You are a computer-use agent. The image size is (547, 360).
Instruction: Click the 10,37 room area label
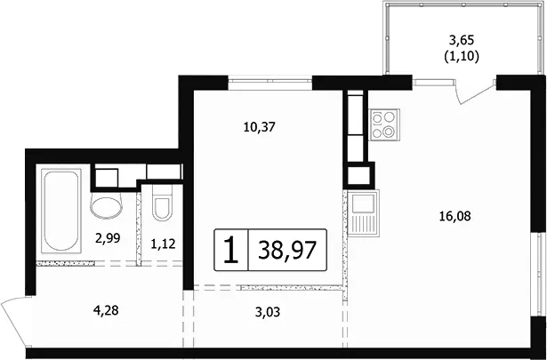point(260,127)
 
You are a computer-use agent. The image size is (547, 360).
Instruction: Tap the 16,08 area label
point(454,216)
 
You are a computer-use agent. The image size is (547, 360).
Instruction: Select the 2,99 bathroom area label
point(108,238)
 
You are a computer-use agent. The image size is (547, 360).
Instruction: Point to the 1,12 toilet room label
point(163,244)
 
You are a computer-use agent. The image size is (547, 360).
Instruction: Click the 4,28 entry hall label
point(106,310)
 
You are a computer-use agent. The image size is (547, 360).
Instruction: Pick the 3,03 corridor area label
point(268,312)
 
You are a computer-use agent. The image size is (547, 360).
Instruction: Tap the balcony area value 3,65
point(462,41)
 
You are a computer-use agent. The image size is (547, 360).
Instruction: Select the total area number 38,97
point(287,251)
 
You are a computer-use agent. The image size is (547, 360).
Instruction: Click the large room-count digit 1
point(231,250)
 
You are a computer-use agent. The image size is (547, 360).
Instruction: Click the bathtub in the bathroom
point(61,211)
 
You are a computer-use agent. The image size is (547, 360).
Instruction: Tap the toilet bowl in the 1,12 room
point(162,204)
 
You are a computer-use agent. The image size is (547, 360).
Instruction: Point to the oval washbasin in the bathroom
point(107,206)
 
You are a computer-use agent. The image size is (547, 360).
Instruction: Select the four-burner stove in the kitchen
point(384,124)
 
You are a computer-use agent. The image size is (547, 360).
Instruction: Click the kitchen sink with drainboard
point(364,213)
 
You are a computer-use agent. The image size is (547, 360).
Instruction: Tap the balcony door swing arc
point(477,93)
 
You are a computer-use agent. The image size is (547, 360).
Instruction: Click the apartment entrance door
point(15,321)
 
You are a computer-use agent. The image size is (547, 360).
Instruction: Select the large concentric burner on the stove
point(389,132)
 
